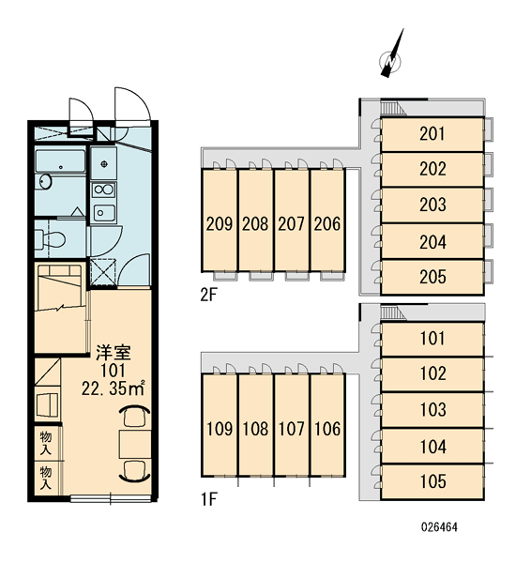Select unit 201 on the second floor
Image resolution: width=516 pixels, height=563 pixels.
tap(433, 134)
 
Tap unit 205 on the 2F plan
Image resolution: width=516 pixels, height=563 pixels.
tap(433, 277)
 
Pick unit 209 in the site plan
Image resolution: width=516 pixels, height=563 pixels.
tap(220, 220)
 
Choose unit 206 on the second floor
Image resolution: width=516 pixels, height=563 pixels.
tap(327, 220)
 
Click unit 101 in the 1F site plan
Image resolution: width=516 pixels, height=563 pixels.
tap(433, 339)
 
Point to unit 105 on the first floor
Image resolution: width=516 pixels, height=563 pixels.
tap(433, 481)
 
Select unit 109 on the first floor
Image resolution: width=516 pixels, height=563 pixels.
tap(220, 425)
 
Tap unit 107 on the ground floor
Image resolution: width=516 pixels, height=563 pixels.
tap(291, 425)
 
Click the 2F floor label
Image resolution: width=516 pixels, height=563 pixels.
tap(208, 296)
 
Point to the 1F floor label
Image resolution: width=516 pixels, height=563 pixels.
tap(208, 499)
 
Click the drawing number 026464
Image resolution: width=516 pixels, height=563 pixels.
tap(439, 527)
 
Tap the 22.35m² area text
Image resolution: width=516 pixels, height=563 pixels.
tap(114, 388)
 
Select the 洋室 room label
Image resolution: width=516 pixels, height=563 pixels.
tap(114, 353)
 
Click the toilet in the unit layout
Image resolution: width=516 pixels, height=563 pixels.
tap(50, 238)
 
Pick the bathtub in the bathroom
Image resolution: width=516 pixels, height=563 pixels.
tap(60, 161)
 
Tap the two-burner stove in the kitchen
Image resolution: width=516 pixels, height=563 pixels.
tap(104, 190)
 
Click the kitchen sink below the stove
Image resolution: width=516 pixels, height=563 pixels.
tap(104, 213)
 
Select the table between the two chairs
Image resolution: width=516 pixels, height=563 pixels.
tap(135, 444)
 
